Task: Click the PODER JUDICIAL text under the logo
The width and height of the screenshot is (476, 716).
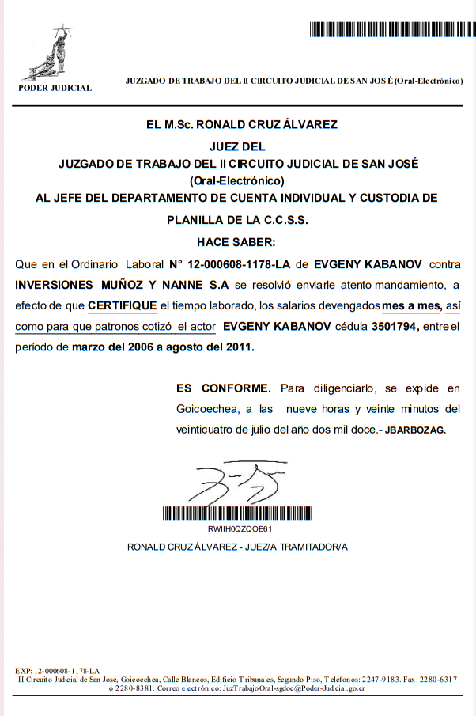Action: click(55, 88)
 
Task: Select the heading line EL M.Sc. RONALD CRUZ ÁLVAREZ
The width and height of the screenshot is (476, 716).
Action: click(242, 124)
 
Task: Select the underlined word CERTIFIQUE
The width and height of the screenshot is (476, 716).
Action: click(123, 305)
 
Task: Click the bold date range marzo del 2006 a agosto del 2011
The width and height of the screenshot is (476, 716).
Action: click(172, 347)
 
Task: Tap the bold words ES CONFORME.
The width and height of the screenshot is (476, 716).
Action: click(223, 388)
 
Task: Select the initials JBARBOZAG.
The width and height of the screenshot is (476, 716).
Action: click(415, 430)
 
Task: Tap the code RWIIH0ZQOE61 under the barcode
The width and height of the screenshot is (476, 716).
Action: click(240, 528)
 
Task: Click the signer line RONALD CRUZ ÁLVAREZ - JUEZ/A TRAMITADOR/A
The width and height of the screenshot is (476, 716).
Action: click(238, 547)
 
